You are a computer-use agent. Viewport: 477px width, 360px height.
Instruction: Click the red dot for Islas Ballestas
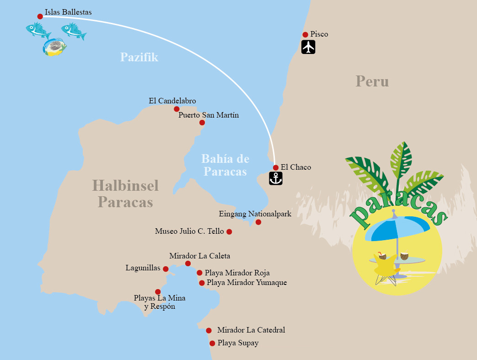click(40, 16)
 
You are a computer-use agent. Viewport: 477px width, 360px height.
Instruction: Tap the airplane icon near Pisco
click(309, 47)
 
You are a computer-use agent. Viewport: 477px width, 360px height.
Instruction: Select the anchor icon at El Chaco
click(276, 178)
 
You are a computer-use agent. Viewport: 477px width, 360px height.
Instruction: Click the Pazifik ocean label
click(139, 57)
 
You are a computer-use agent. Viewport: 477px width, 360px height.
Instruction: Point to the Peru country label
click(372, 81)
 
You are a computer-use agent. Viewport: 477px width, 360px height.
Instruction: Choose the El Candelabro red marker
click(177, 109)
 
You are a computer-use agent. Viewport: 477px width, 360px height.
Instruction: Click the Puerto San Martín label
click(209, 115)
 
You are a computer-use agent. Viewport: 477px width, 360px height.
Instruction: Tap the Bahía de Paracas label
click(225, 165)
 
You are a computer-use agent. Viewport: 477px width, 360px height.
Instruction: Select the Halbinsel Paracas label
click(125, 193)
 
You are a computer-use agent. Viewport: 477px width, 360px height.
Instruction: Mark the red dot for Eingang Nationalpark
click(258, 222)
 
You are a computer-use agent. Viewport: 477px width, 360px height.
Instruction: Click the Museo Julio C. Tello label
click(189, 231)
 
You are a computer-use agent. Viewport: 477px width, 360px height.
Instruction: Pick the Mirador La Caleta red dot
click(188, 263)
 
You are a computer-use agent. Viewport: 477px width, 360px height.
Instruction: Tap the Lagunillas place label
click(143, 268)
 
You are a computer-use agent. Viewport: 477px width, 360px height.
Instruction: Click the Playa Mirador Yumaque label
click(247, 283)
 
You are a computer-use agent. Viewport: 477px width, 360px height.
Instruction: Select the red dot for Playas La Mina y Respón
click(158, 292)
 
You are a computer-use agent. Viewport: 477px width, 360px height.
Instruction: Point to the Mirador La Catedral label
click(251, 330)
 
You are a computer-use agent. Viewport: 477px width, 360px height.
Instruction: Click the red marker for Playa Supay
click(212, 343)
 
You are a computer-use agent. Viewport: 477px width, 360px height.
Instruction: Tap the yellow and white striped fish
click(54, 47)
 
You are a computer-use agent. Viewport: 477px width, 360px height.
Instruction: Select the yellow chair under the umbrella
click(384, 267)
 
